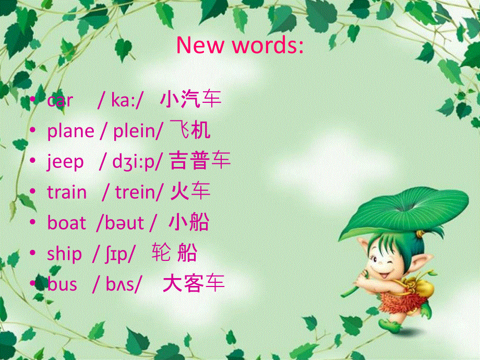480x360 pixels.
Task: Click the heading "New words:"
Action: [x=239, y=46]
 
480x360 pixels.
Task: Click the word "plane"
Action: [x=70, y=131]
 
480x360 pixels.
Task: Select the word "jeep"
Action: [x=65, y=162]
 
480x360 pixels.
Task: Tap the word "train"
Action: [x=67, y=193]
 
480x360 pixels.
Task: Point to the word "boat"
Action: [x=66, y=223]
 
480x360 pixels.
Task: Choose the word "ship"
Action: [x=64, y=254]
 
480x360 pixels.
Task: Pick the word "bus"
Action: [x=62, y=284]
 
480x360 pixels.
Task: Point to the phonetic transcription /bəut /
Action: [x=126, y=223]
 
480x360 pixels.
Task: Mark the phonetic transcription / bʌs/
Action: [x=117, y=284]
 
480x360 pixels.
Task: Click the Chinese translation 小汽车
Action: [x=191, y=99]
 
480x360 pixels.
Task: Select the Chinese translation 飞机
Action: [x=190, y=131]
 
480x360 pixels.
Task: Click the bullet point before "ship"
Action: [x=34, y=254]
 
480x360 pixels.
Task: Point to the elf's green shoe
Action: [x=391, y=325]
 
